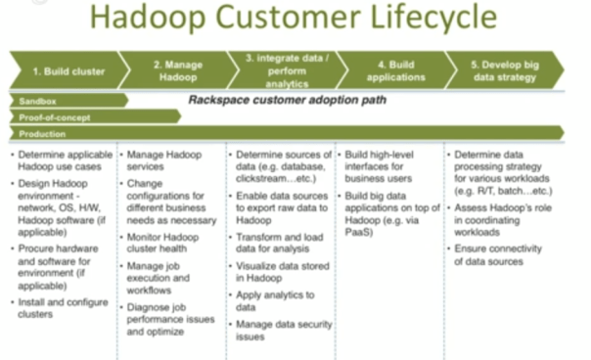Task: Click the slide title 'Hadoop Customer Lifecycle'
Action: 296,22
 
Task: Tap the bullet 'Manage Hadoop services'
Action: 164,161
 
